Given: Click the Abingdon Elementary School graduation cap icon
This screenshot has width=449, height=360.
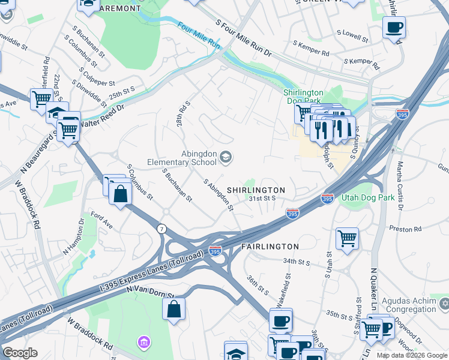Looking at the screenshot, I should click(x=226, y=157).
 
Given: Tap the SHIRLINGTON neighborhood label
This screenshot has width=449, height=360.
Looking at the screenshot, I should click(x=256, y=190).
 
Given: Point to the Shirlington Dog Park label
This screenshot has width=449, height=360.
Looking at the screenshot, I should click(x=304, y=97).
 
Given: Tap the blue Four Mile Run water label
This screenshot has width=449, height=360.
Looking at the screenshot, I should click(x=199, y=35).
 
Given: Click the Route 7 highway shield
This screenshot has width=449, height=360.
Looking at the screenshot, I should click(x=161, y=229).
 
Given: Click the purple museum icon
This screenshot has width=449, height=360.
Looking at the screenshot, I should click(x=143, y=343).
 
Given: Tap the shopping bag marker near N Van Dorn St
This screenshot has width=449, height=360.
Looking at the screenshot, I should click(x=173, y=310).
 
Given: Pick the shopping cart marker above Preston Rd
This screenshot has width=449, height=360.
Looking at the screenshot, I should click(x=347, y=238).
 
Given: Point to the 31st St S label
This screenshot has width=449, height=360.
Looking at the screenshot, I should click(x=262, y=198).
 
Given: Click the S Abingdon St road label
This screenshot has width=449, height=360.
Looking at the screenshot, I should click(x=218, y=195).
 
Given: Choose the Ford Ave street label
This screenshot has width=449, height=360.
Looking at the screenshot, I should click(x=101, y=219).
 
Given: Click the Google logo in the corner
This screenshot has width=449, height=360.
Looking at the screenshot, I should click(x=20, y=353).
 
